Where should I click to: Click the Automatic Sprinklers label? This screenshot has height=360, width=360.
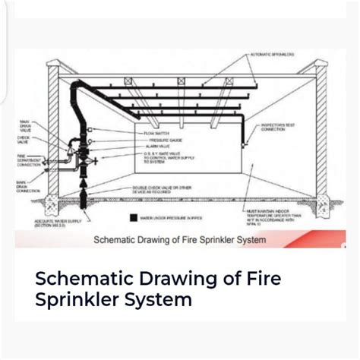(274, 55)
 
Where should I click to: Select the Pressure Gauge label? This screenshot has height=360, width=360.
(159, 141)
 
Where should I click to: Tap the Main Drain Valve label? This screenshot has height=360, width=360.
(24, 124)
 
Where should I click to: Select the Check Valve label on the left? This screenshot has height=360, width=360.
(24, 141)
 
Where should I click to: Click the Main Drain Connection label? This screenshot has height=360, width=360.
(26, 187)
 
